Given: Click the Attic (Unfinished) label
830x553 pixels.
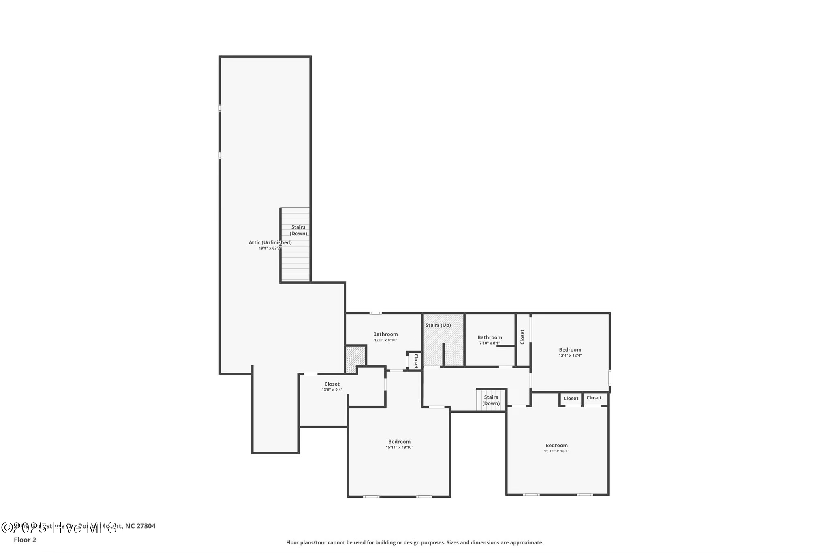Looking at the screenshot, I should coord(270,242).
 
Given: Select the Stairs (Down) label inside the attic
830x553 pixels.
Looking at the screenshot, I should coord(298,230).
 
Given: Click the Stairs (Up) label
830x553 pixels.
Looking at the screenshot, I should coord(438,325).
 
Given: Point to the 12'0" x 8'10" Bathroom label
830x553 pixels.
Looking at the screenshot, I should coord(385,334).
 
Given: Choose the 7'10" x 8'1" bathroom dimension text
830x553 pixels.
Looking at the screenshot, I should coord(490,343).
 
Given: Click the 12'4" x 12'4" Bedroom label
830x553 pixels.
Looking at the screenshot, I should coord(570,349).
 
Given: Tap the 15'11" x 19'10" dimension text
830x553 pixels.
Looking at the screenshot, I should coord(399,448).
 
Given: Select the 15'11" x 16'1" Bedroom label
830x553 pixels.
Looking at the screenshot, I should coord(556,445).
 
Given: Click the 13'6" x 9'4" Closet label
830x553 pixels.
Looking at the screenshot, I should coord(332,384).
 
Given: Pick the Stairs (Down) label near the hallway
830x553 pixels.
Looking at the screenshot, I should coord(491,400).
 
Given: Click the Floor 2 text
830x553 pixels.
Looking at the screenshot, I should coord(25,540).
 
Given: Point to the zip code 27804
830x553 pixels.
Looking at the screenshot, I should coord(146,526).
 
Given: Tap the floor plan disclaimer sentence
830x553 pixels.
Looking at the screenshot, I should coord(415,542).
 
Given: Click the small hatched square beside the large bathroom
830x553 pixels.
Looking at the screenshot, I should coord(355,358).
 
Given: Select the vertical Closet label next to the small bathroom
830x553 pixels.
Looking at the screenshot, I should coord(522,337).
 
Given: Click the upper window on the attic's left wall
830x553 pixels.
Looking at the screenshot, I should coord(220,108).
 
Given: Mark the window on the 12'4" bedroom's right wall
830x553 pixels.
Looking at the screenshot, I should coord(610,378).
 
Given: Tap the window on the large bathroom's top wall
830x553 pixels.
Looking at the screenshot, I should coord(375,313).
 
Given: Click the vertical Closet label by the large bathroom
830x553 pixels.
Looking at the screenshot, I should coord(416,361).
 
